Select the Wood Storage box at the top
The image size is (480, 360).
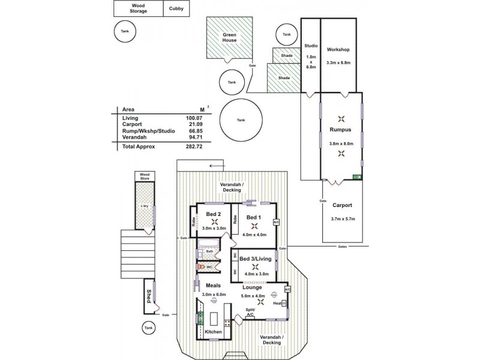[138, 8]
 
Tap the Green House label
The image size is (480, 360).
[228, 38]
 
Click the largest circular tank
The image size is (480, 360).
[241, 120]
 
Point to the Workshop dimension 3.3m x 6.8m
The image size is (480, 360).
[338, 62]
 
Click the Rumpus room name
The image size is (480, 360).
[340, 130]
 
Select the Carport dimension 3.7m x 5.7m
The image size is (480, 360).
[343, 219]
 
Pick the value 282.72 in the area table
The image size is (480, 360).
[194, 146]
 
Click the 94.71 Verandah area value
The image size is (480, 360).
[194, 139]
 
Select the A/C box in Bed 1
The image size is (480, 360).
[277, 222]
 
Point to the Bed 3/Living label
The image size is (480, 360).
[255, 259]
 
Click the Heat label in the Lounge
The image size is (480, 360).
[278, 303]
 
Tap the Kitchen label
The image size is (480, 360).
[213, 332]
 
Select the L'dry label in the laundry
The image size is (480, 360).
[144, 207]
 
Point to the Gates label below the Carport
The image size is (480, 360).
[342, 246]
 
